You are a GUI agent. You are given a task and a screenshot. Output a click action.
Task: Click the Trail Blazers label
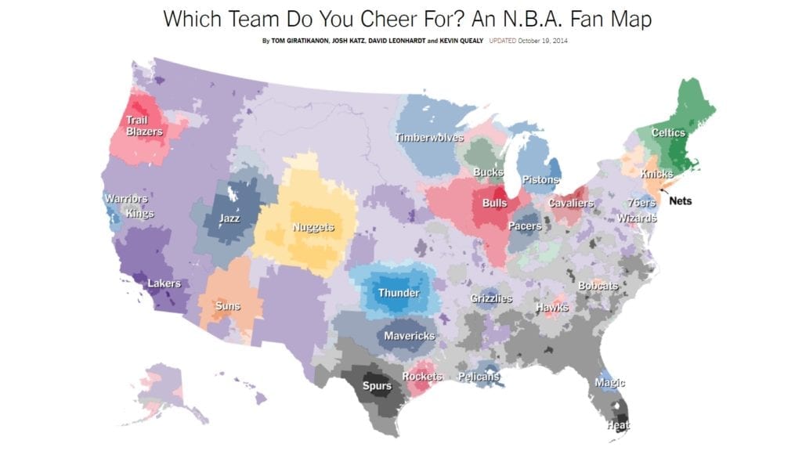pos(145,125)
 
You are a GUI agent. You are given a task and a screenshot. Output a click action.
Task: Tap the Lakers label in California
pos(164,283)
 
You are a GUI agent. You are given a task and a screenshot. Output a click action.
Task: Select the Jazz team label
pos(229,218)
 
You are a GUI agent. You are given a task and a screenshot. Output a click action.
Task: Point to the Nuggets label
pos(313,228)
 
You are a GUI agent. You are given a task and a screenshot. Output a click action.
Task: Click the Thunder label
pos(399,294)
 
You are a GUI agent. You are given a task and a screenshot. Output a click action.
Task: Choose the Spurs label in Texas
pos(377,386)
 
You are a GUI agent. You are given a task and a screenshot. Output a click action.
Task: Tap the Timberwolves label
pos(430,138)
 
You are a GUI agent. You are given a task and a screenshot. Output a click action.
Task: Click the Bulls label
pos(494,204)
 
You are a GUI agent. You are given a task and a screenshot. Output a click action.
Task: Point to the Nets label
pos(681,200)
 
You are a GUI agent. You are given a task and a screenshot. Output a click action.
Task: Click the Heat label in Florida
pos(618,425)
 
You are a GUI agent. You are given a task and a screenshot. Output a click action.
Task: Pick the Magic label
pos(609,383)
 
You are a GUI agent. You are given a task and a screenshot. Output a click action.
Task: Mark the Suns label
pos(226,305)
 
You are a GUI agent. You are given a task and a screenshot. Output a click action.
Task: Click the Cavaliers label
pos(570,204)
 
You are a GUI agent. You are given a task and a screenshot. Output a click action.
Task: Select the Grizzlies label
pos(491,298)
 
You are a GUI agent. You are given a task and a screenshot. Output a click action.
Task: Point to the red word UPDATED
pos(501,40)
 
